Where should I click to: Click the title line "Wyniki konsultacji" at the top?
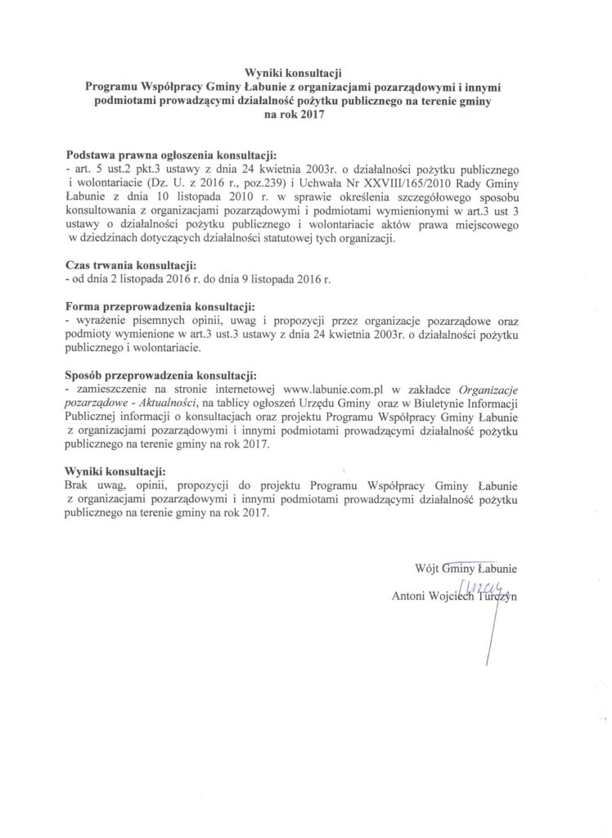coord(295,72)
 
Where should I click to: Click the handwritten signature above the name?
coord(487,584)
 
